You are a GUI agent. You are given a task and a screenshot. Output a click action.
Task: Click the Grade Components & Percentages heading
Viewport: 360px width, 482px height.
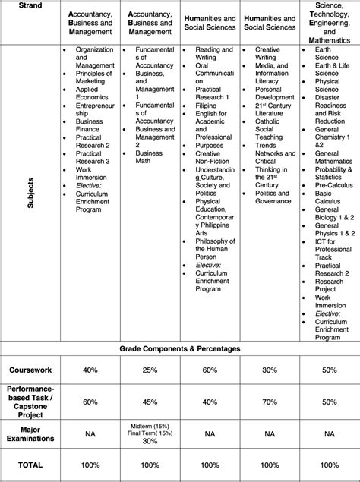tap(179, 348)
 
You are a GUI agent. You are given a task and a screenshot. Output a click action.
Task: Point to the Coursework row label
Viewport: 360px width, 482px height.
tap(31, 370)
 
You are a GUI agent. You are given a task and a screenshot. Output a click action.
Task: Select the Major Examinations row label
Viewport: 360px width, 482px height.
tap(31, 434)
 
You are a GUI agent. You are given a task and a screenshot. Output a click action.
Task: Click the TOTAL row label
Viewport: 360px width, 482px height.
tap(31, 465)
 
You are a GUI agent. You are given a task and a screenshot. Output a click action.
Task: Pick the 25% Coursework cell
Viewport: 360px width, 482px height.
tap(150, 370)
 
